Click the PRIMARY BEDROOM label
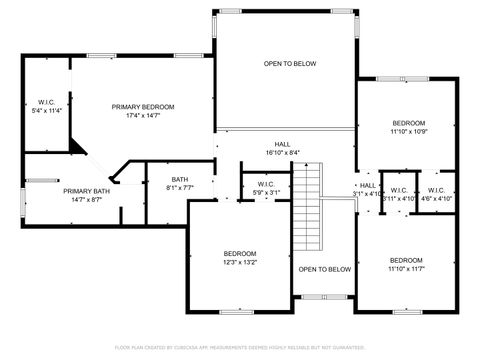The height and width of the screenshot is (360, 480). tap(143, 107)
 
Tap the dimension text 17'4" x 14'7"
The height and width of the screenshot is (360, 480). tap(143, 116)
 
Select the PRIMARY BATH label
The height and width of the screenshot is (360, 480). tap(87, 191)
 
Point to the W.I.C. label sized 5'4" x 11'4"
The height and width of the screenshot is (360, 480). tap(46, 102)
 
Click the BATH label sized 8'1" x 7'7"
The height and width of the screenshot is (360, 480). tap(166, 179)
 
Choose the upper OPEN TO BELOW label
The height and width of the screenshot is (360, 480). tap(290, 64)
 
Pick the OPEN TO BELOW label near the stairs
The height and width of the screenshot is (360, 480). tap(325, 269)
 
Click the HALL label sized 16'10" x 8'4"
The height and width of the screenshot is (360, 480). tap(283, 144)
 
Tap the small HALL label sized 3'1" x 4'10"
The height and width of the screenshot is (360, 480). tap(368, 185)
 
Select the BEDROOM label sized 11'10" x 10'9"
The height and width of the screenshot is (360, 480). tap(408, 123)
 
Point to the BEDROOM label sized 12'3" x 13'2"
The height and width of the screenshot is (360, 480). tap(240, 254)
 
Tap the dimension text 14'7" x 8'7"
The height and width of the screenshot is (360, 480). tap(87, 200)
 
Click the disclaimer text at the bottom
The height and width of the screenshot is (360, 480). tap(240, 347)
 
